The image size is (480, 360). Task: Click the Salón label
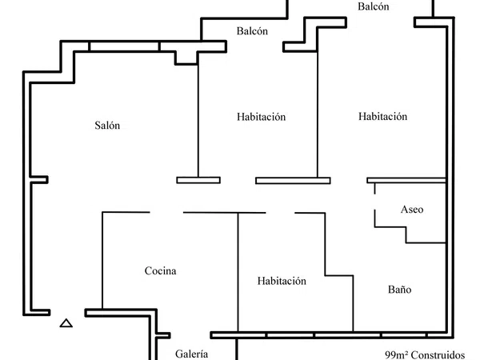[x=107, y=126]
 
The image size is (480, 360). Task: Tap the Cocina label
[x=161, y=270]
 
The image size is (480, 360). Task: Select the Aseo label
[x=412, y=210]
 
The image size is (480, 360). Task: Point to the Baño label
[x=399, y=290]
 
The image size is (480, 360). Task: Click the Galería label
[x=192, y=354]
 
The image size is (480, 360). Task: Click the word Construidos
[x=438, y=355]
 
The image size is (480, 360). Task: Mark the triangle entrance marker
[x=66, y=323]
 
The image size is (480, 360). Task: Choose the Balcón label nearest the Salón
[x=252, y=31]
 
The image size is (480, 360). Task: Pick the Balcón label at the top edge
[x=374, y=6]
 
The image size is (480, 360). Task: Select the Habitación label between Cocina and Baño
[x=282, y=281]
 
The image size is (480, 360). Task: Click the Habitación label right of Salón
[x=261, y=117]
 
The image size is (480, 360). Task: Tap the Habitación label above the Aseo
[x=382, y=116]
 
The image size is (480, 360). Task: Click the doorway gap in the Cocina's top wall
[x=166, y=212]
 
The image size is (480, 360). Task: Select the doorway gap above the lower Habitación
[x=280, y=213]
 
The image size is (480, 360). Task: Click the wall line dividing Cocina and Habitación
[x=238, y=272]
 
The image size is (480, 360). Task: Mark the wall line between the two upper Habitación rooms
[x=318, y=114]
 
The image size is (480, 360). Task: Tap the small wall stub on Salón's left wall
[x=39, y=180]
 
